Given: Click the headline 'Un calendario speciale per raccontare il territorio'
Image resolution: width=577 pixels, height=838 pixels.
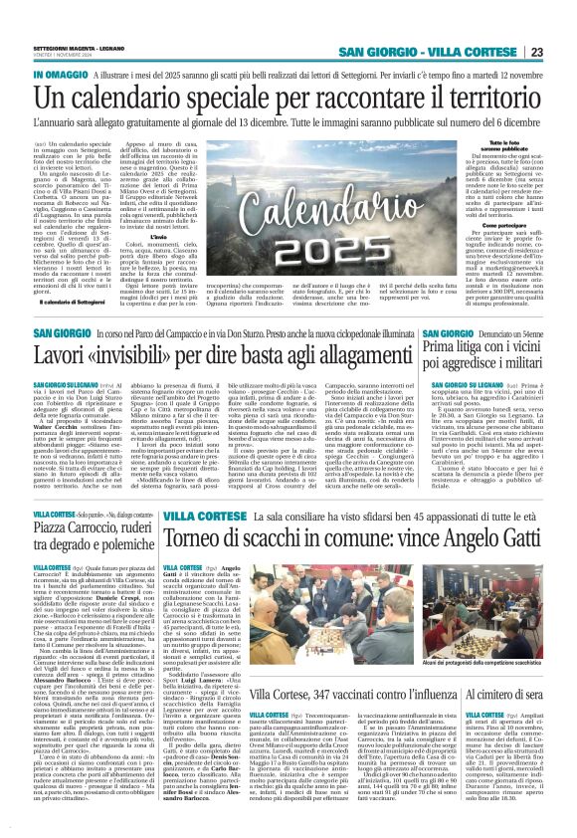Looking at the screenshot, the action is pyautogui.click(x=288, y=99).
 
